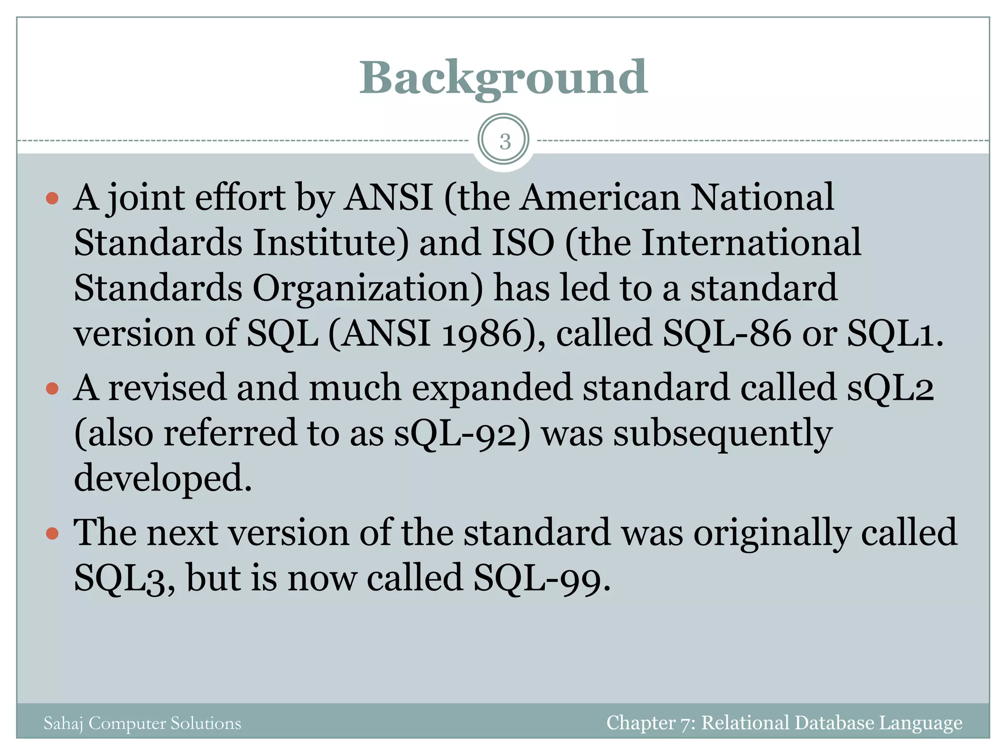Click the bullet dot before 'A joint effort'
tap(52, 199)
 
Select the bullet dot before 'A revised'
tap(52, 389)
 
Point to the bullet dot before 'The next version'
tap(52, 533)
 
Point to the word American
tap(600, 198)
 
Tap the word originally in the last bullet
tap(772, 534)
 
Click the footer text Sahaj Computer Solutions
tap(142, 724)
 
